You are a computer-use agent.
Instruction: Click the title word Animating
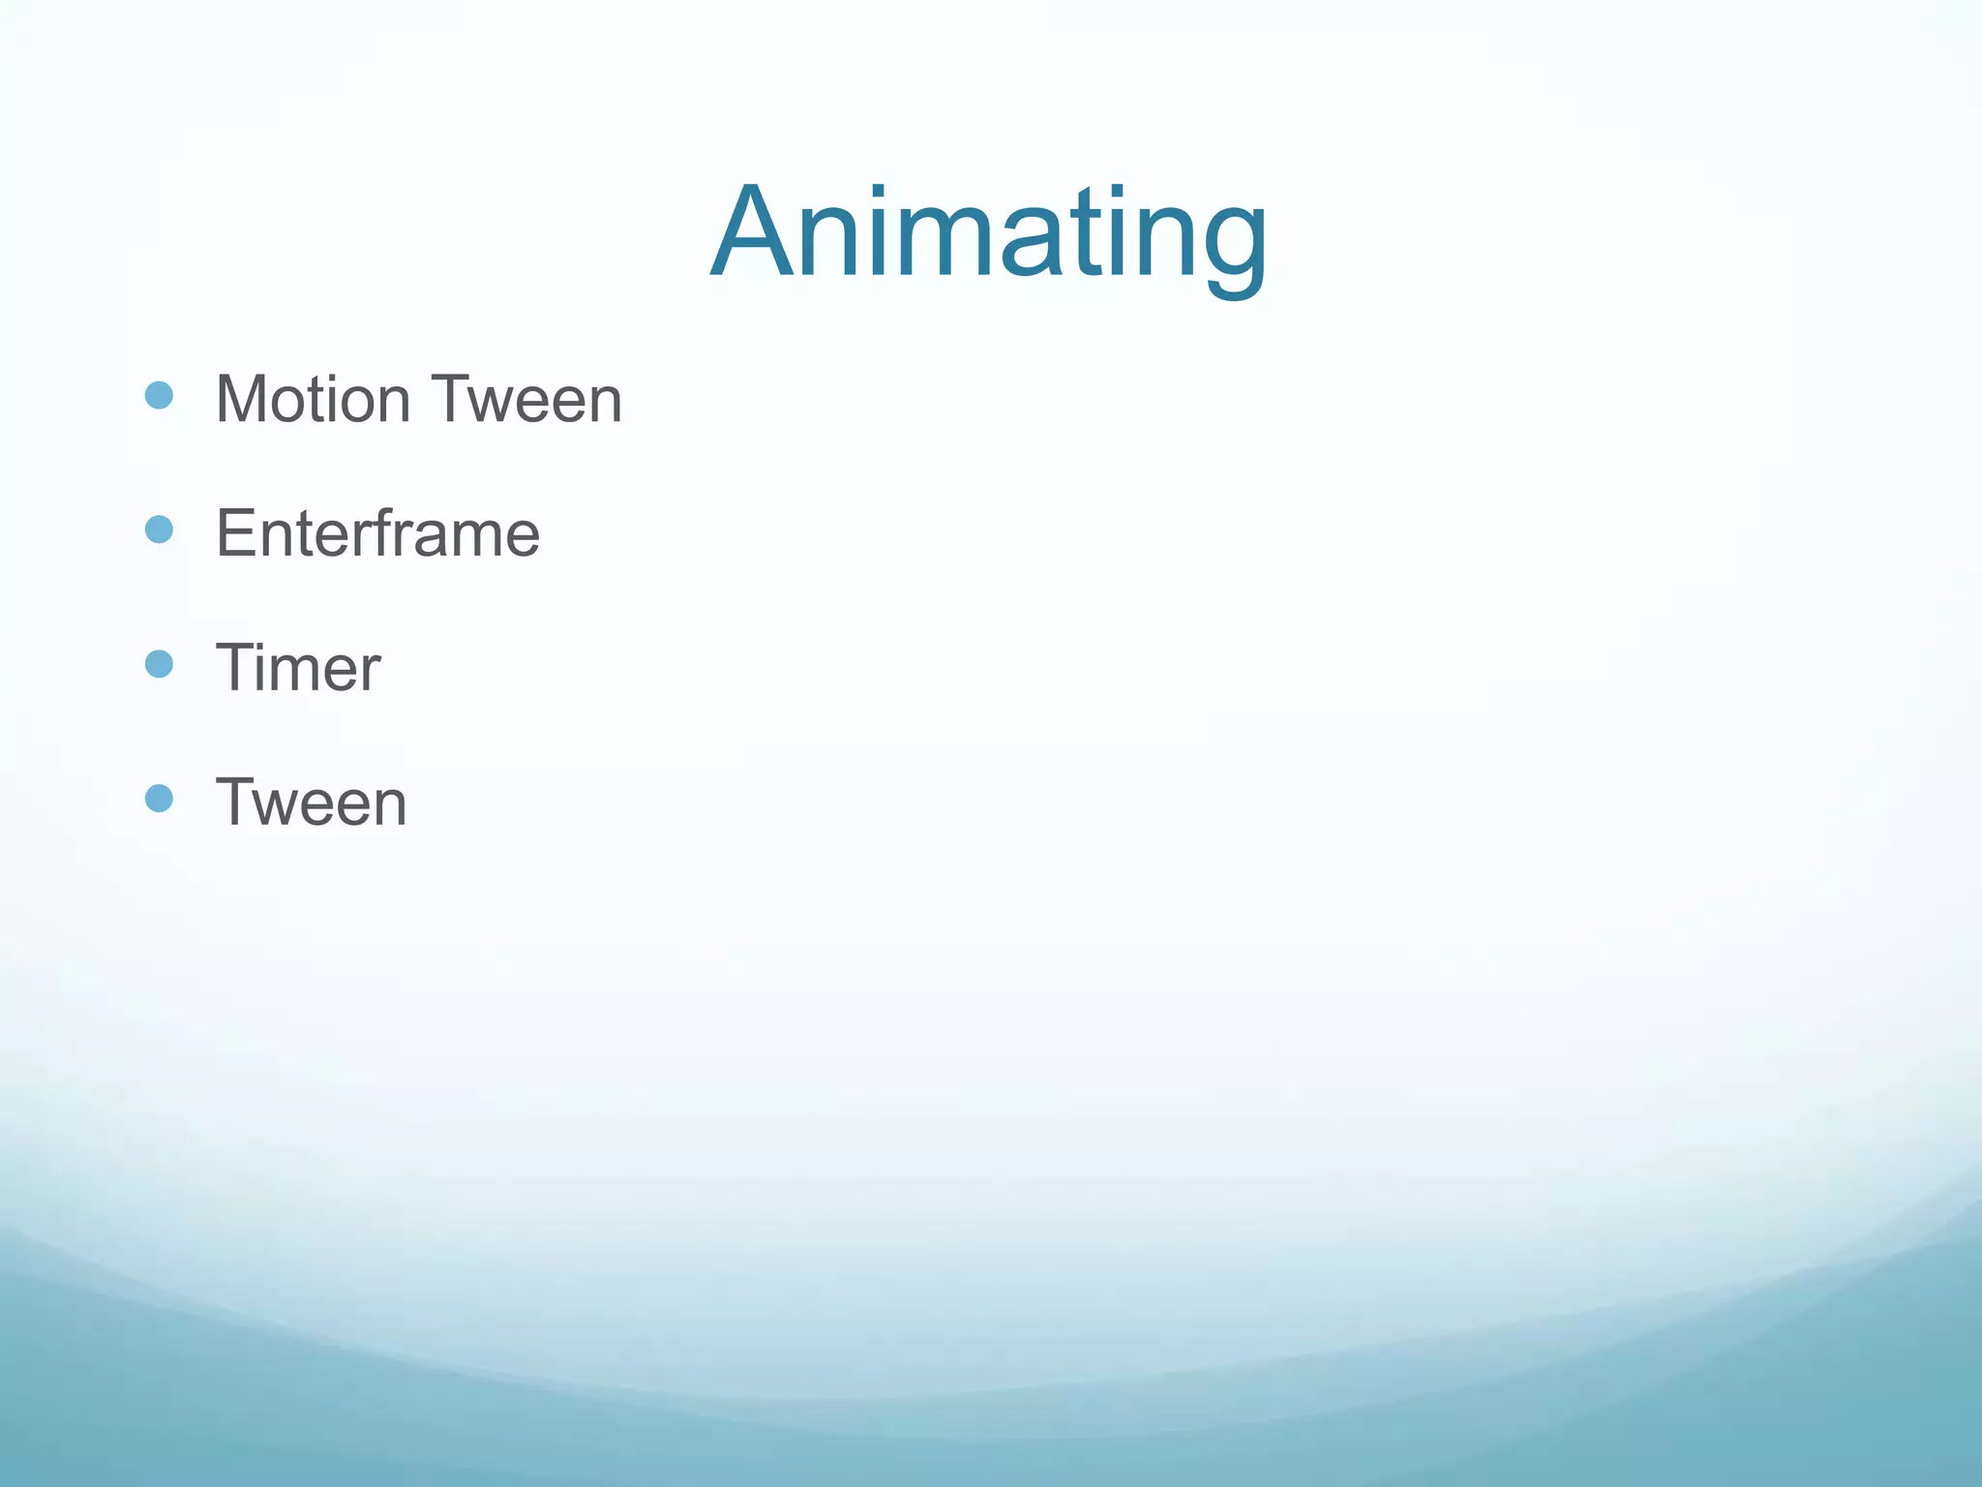point(988,235)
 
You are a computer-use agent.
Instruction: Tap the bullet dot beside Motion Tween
point(159,395)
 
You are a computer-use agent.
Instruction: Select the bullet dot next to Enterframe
point(159,530)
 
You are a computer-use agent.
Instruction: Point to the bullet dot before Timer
point(159,664)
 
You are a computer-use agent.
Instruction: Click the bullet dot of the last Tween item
point(159,799)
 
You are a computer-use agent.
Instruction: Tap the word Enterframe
point(377,533)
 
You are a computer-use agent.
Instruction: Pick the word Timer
point(298,668)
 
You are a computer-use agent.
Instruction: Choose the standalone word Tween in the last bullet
point(311,803)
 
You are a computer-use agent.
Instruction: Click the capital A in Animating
point(752,235)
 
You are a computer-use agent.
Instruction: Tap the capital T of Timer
point(235,668)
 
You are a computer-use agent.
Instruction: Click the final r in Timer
point(371,673)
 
